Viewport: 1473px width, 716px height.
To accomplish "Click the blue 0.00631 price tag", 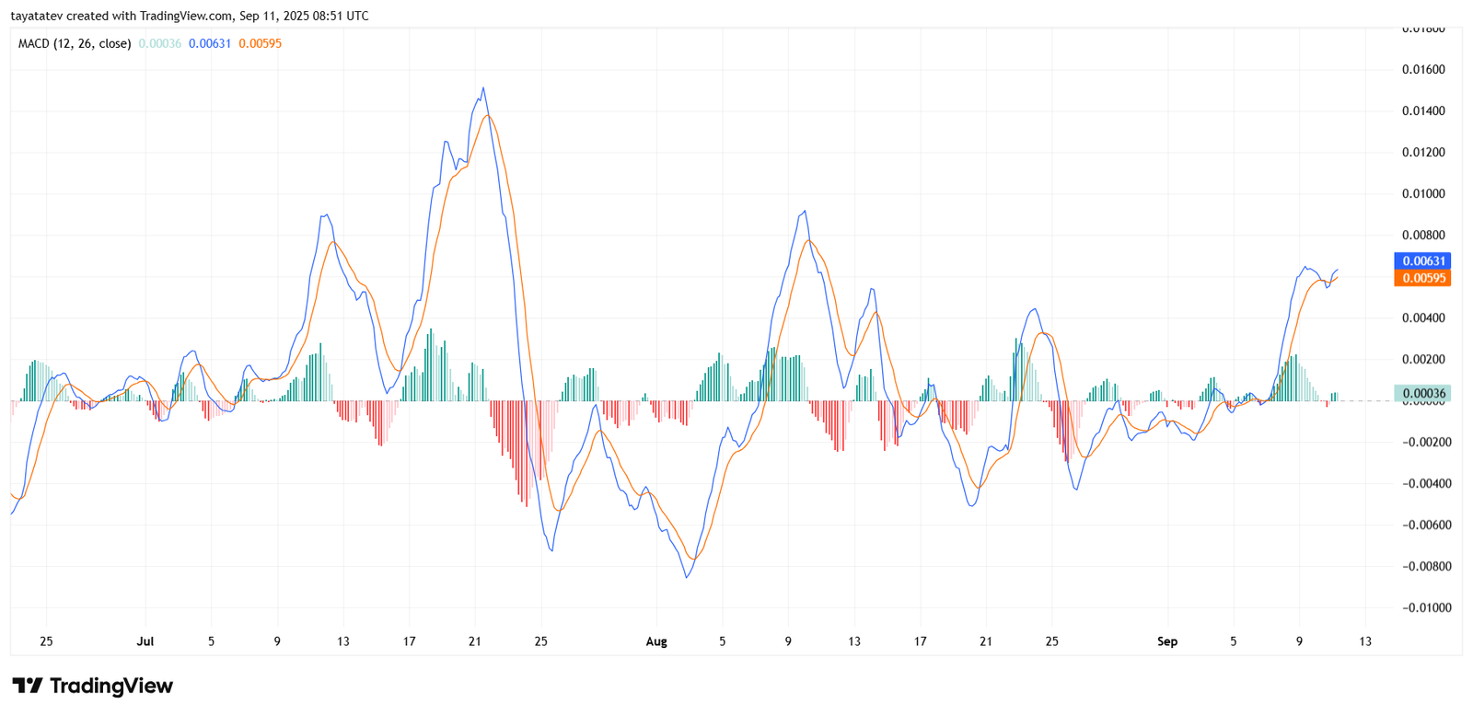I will coord(1422,261).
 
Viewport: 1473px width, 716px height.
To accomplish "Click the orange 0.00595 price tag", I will coord(1422,278).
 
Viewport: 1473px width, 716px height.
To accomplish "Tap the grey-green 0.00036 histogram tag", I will coord(1422,394).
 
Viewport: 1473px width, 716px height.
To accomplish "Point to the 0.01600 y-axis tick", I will coord(1423,70).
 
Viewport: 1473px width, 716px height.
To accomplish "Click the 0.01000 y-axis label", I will coord(1423,194).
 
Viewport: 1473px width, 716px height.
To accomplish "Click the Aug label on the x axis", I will coord(656,641).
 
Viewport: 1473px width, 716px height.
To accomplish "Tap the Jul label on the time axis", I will coord(145,641).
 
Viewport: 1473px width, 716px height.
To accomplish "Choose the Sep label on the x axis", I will coord(1167,641).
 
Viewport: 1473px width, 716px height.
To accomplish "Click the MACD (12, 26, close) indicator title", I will coord(75,43).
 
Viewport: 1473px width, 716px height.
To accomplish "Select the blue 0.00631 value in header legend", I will coord(210,43).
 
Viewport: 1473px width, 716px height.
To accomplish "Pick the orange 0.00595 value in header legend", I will coord(261,43).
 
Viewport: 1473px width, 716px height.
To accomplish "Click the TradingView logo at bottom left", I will coord(92,687).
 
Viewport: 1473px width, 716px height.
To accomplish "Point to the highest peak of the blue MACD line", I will coord(483,89).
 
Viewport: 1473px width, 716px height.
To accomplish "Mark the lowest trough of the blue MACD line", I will coord(687,577).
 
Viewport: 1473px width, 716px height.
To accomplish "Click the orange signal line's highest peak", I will coord(488,116).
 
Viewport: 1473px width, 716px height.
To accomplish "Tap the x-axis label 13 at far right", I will coord(1365,641).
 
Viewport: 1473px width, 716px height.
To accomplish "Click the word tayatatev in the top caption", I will coord(36,16).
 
